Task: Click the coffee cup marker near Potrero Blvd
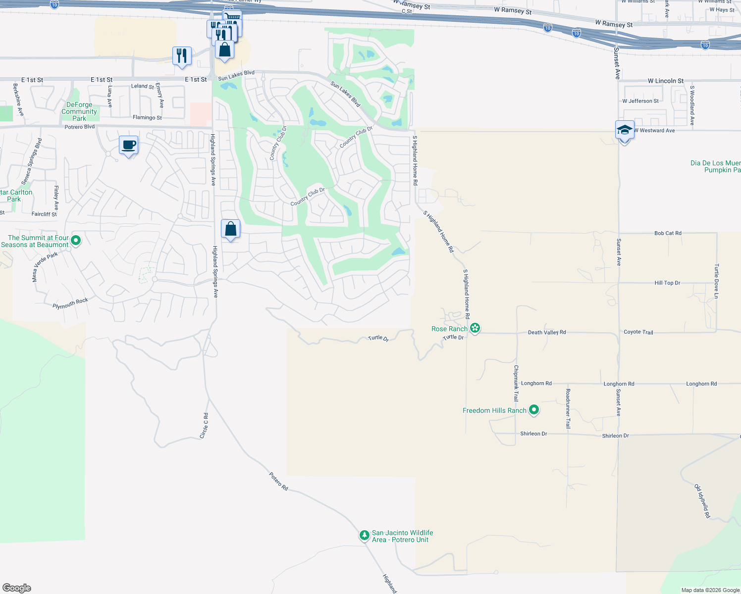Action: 129,146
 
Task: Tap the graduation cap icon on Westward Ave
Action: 625,131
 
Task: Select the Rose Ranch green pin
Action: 475,328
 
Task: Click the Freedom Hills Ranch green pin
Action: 534,410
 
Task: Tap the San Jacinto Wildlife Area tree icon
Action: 365,536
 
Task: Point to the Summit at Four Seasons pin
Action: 76,241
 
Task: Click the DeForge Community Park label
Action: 79,111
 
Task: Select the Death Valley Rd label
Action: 547,332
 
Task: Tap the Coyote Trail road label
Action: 638,332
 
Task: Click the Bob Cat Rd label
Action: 668,233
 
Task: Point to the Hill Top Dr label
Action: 667,283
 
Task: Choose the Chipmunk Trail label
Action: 516,383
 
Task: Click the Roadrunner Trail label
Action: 568,408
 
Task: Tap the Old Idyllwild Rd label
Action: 702,501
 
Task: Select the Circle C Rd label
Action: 204,426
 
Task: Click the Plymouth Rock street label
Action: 70,303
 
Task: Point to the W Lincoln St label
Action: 665,81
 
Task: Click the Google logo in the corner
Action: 17,588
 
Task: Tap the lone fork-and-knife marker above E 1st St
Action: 182,56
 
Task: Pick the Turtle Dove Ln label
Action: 716,281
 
